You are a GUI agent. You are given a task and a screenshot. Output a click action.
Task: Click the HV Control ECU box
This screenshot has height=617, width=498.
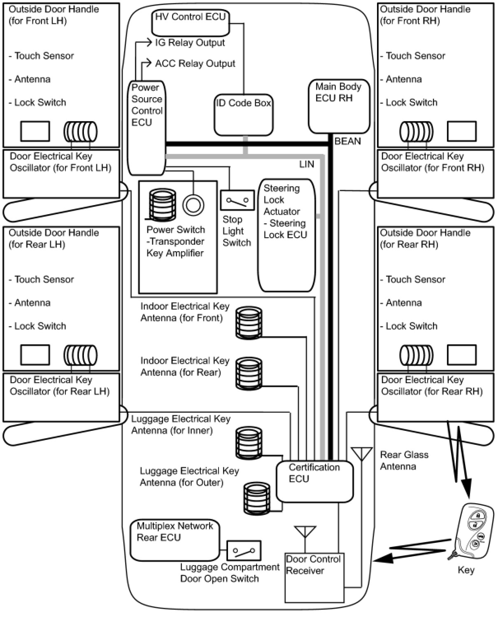pyautogui.click(x=191, y=23)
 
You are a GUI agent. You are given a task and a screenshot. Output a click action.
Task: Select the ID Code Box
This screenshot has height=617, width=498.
pyautogui.click(x=243, y=115)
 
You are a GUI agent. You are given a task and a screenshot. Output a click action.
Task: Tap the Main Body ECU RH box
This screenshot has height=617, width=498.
pyautogui.click(x=339, y=106)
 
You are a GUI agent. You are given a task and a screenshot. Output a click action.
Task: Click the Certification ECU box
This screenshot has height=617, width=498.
pyautogui.click(x=314, y=481)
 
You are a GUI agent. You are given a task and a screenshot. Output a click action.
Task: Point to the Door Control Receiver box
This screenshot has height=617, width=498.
pyautogui.click(x=314, y=577)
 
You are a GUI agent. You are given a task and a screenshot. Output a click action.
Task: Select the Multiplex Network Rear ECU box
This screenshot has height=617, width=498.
pyautogui.click(x=175, y=540)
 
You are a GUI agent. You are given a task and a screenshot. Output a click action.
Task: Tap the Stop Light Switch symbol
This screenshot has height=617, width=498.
pyautogui.click(x=237, y=201)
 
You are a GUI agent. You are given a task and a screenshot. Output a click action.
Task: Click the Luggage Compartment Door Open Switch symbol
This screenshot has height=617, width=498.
pyautogui.click(x=244, y=551)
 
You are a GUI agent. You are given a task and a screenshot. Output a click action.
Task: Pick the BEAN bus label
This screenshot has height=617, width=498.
pyautogui.click(x=347, y=141)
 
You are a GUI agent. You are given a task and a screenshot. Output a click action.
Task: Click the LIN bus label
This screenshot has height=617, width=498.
pyautogui.click(x=307, y=164)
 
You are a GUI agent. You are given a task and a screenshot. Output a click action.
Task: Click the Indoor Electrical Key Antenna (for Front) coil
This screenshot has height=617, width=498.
pyautogui.click(x=249, y=323)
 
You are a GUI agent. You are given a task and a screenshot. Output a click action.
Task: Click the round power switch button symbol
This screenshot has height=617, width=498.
pyautogui.click(x=193, y=205)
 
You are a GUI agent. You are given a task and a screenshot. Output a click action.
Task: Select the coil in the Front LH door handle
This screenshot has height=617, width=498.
pyautogui.click(x=80, y=132)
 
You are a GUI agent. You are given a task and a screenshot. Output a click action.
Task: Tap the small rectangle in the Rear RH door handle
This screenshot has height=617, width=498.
pyautogui.click(x=461, y=355)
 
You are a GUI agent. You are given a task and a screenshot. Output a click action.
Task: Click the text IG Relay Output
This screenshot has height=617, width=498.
pyautogui.click(x=190, y=43)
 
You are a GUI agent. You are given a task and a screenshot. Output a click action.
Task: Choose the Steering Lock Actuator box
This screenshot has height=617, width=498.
pyautogui.click(x=286, y=235)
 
